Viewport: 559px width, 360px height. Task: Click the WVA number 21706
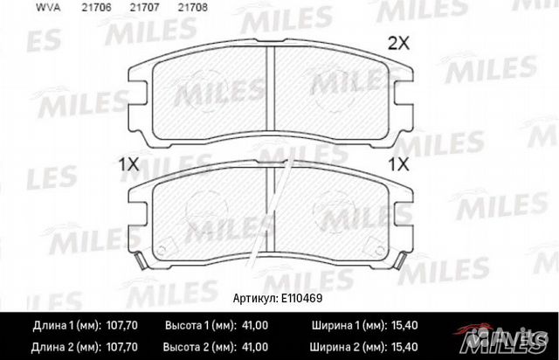72,7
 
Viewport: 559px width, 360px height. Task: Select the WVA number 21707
121,7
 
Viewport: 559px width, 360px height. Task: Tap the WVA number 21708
167,7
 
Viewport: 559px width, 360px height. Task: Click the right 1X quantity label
400,163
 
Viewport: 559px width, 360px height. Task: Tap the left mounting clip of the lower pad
140,258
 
